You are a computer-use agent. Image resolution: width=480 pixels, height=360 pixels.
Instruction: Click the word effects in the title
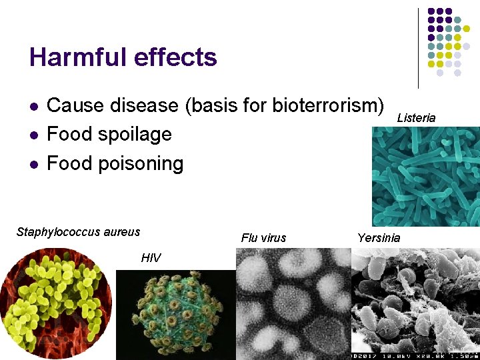point(175,57)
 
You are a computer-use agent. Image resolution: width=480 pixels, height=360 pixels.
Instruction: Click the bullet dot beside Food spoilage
point(33,135)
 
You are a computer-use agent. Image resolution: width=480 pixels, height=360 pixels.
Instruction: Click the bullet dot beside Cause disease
point(33,107)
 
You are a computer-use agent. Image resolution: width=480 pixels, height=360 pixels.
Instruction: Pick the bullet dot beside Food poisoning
point(33,165)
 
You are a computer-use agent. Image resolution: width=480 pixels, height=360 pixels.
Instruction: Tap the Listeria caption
point(416,118)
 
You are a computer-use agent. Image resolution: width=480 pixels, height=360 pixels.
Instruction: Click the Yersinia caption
point(379,238)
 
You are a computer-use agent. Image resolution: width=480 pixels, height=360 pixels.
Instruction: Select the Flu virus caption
point(263,238)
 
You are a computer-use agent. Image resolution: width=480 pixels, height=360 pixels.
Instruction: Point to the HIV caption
point(151,258)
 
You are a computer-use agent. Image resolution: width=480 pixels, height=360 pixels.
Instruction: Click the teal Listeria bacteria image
point(425,177)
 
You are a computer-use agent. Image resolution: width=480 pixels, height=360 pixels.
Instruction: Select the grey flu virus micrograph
point(293,304)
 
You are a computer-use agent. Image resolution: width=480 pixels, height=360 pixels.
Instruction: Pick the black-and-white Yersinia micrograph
point(415,304)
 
